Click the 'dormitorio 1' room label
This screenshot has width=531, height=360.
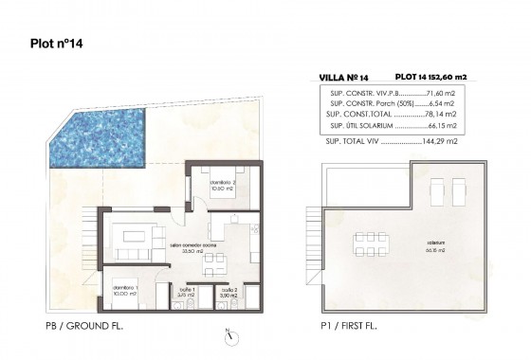(125, 290)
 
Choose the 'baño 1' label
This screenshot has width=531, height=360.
(186, 292)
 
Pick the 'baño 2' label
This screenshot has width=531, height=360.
(227, 292)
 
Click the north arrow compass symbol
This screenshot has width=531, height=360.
(228, 333)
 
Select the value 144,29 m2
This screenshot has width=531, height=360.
(439, 140)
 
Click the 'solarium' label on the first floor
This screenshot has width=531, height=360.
(410, 243)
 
